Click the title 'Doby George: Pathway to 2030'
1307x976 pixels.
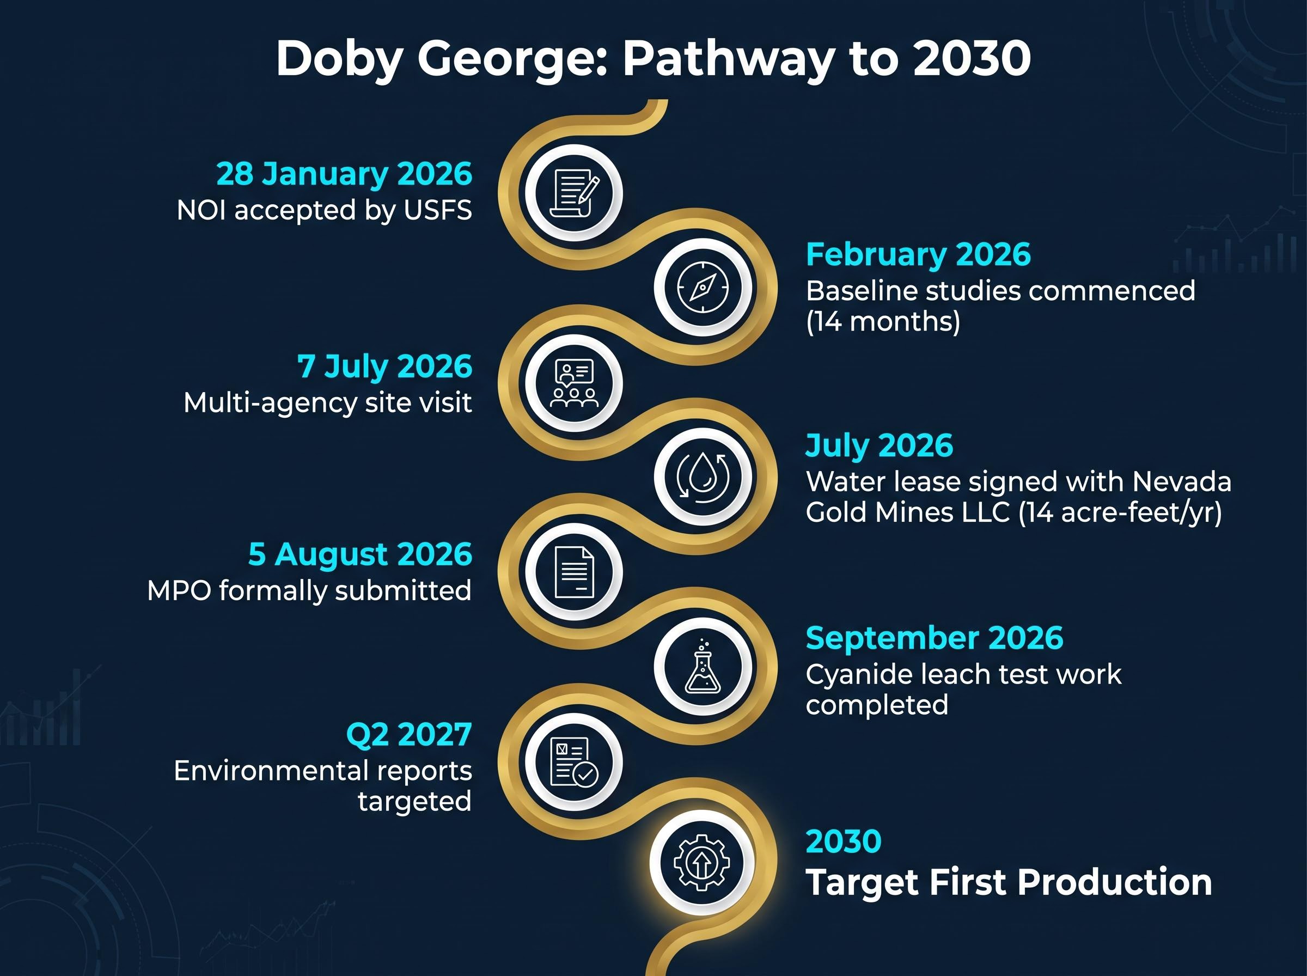tap(653, 59)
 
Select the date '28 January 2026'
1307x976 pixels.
tap(344, 174)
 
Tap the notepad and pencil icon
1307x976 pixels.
tap(574, 193)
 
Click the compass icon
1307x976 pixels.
tap(703, 288)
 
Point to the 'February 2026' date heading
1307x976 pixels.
tap(918, 255)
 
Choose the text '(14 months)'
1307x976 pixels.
tap(883, 321)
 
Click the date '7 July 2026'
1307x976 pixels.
tap(384, 367)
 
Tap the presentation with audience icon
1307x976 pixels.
tap(574, 383)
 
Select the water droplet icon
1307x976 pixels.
tap(703, 477)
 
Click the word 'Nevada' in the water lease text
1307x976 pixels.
tap(1182, 481)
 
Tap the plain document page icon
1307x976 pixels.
tap(574, 572)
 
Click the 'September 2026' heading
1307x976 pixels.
tap(935, 638)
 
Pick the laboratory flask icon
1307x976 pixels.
tap(703, 666)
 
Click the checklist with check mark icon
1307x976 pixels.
tap(574, 761)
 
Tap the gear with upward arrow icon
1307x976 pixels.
tap(701, 863)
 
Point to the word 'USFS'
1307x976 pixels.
tap(438, 210)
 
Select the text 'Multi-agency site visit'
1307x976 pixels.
tap(328, 404)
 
